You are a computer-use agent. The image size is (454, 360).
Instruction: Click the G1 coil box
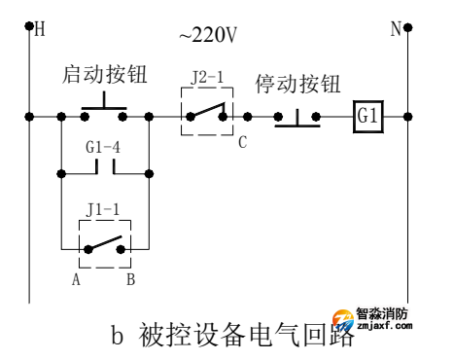click(x=367, y=117)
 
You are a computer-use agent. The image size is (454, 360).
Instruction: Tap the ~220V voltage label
click(x=209, y=37)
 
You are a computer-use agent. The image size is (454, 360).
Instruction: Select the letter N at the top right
click(x=397, y=29)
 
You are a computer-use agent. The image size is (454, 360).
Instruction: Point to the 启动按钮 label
click(x=107, y=76)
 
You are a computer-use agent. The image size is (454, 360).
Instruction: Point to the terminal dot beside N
click(x=409, y=27)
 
